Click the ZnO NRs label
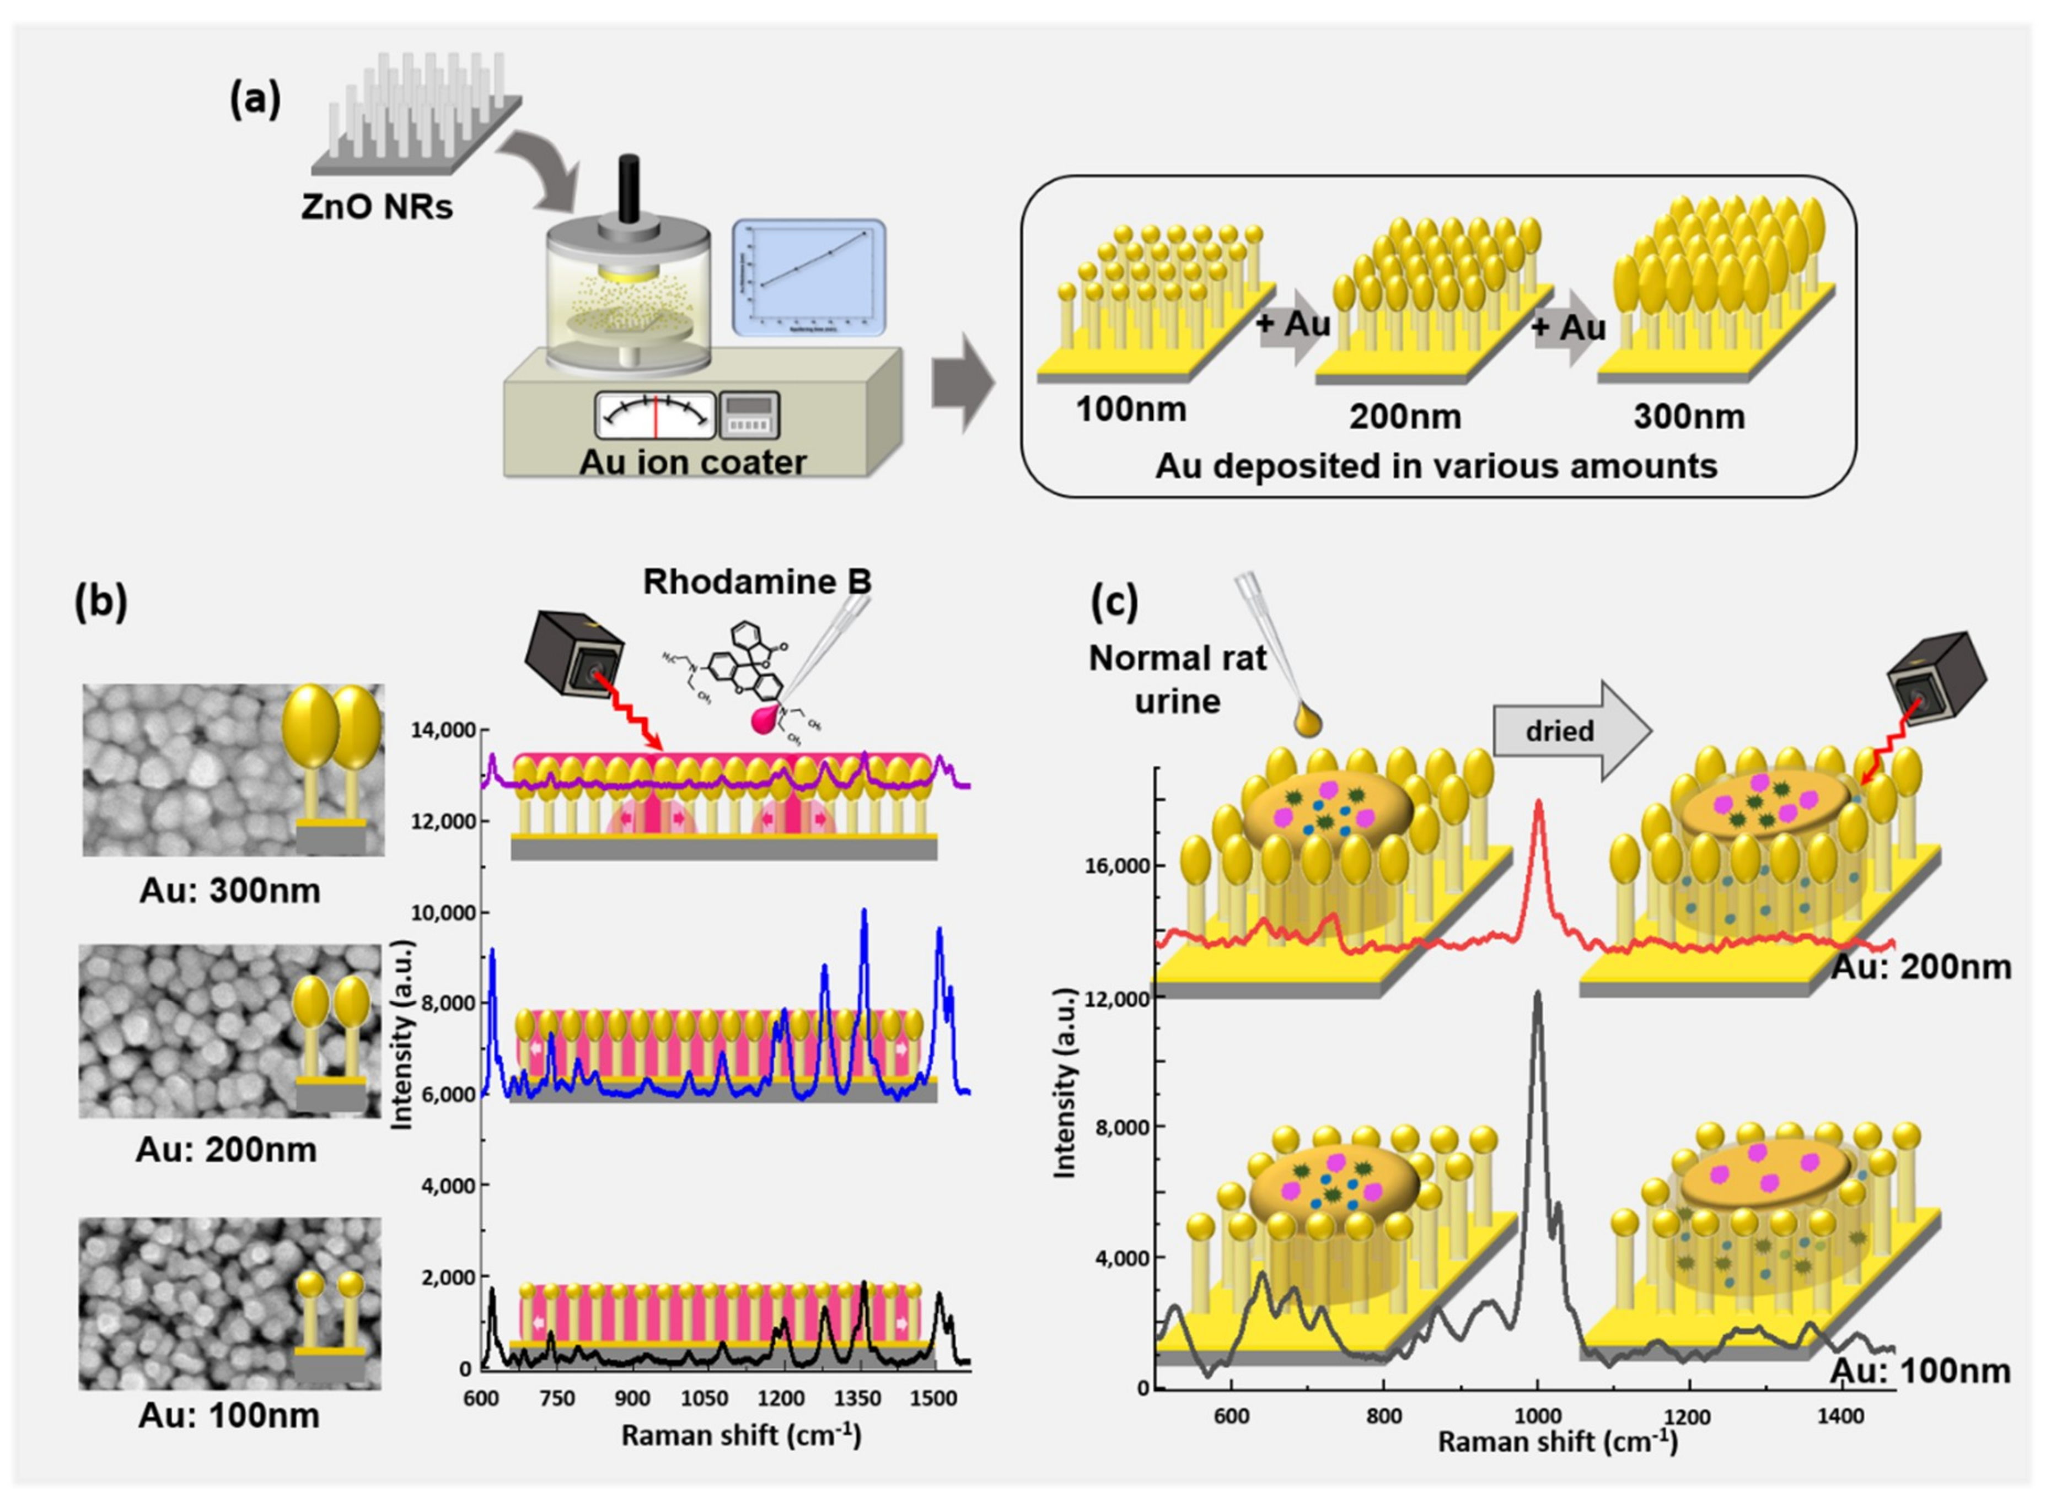[376, 207]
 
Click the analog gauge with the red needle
[655, 416]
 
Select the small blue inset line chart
[809, 277]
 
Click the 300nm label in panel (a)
[1688, 416]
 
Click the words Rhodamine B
[757, 581]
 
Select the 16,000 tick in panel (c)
[1116, 865]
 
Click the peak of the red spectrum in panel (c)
[1539, 803]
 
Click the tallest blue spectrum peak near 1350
[864, 911]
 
